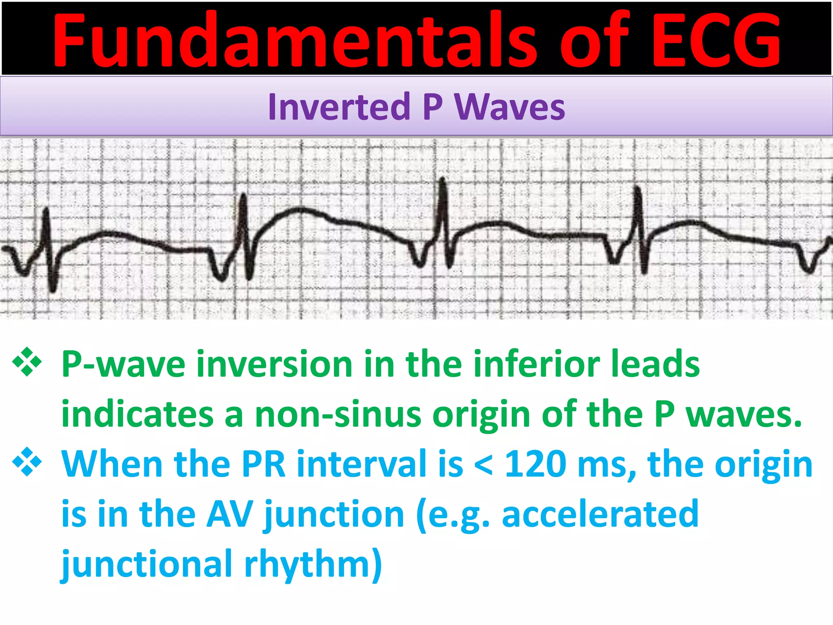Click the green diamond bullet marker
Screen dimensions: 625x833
tap(27, 361)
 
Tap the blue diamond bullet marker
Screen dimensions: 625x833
tap(27, 461)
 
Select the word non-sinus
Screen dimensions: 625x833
tap(338, 414)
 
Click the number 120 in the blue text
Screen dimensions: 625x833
tap(535, 464)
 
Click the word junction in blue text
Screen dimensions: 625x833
tap(334, 514)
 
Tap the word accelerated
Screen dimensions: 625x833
tap(600, 514)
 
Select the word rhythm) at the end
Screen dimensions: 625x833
tap(313, 564)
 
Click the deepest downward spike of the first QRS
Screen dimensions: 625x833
tap(53, 290)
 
